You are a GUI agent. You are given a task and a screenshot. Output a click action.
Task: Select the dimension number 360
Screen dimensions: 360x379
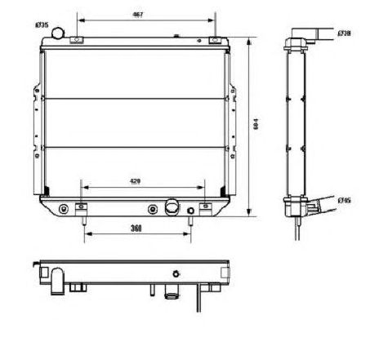(137, 228)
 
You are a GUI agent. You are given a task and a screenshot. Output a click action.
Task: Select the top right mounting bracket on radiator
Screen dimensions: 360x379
(214, 41)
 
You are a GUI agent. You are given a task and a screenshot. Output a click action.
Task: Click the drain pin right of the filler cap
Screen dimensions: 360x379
(192, 214)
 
